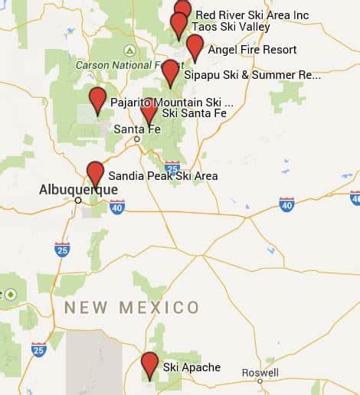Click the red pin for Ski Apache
(x=149, y=363)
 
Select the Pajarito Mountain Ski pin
(x=97, y=99)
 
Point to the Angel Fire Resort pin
(x=195, y=45)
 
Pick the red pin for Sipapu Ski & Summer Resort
(x=170, y=71)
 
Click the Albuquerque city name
(x=78, y=189)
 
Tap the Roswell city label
(x=260, y=372)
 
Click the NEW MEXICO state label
(x=132, y=308)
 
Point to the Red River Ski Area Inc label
(x=252, y=15)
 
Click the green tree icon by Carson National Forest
(x=130, y=51)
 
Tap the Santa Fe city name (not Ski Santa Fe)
(x=137, y=129)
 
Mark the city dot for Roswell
(x=260, y=380)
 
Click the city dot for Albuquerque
(x=78, y=200)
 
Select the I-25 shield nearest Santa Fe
(x=172, y=168)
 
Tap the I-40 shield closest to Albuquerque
(x=116, y=207)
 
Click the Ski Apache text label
(x=191, y=367)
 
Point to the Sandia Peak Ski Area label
(x=162, y=176)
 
